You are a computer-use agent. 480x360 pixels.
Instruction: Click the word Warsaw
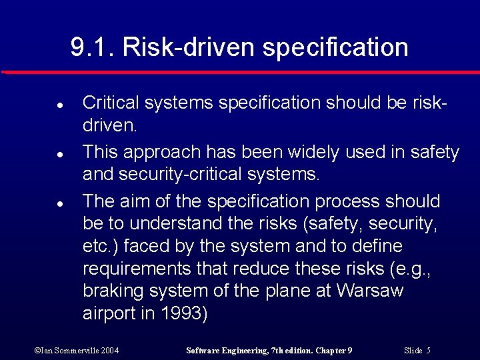pyautogui.click(x=370, y=291)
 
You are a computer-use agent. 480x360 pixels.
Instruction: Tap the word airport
pyautogui.click(x=109, y=314)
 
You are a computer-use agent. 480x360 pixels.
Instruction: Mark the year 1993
pyautogui.click(x=180, y=313)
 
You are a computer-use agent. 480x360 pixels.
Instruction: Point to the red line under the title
pyautogui.click(x=240, y=71)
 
